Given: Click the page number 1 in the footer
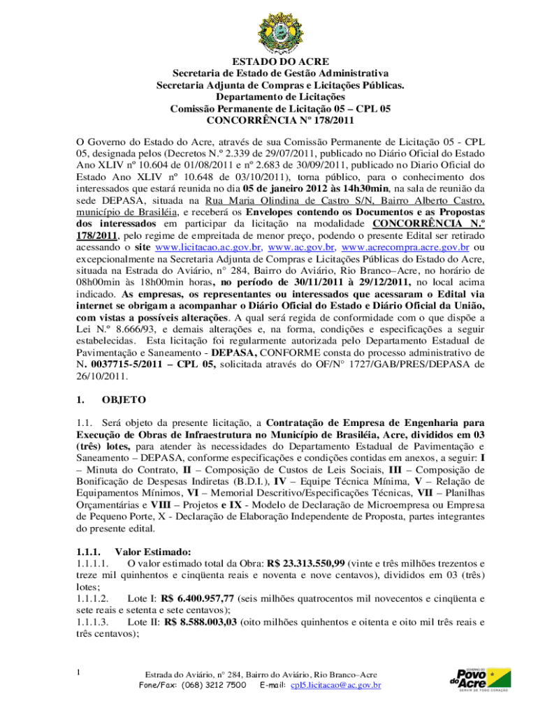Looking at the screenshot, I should click(x=80, y=673).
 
